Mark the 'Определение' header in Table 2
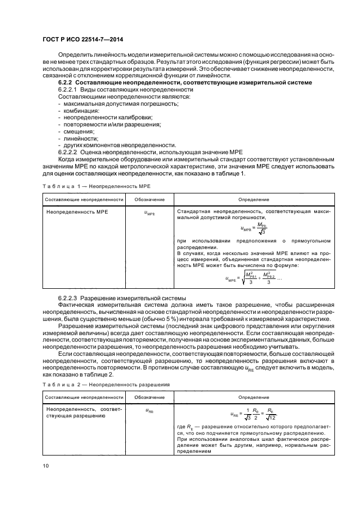pos(253,398)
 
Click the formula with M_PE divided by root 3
pos(254,229)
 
